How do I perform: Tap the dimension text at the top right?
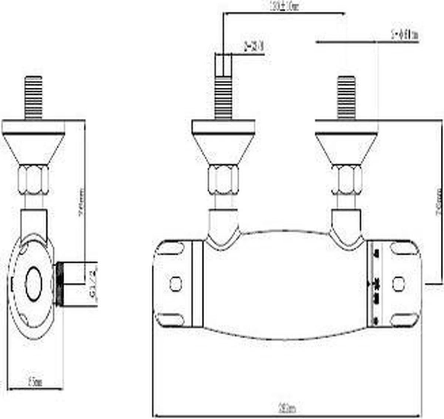(x=404, y=35)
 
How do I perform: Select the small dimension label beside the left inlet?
(x=254, y=47)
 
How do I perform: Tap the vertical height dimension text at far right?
(x=439, y=202)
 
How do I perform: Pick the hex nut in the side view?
(x=34, y=180)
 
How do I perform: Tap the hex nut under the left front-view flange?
(x=223, y=180)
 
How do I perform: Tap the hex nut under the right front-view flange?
(x=346, y=180)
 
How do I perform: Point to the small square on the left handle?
(x=175, y=284)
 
